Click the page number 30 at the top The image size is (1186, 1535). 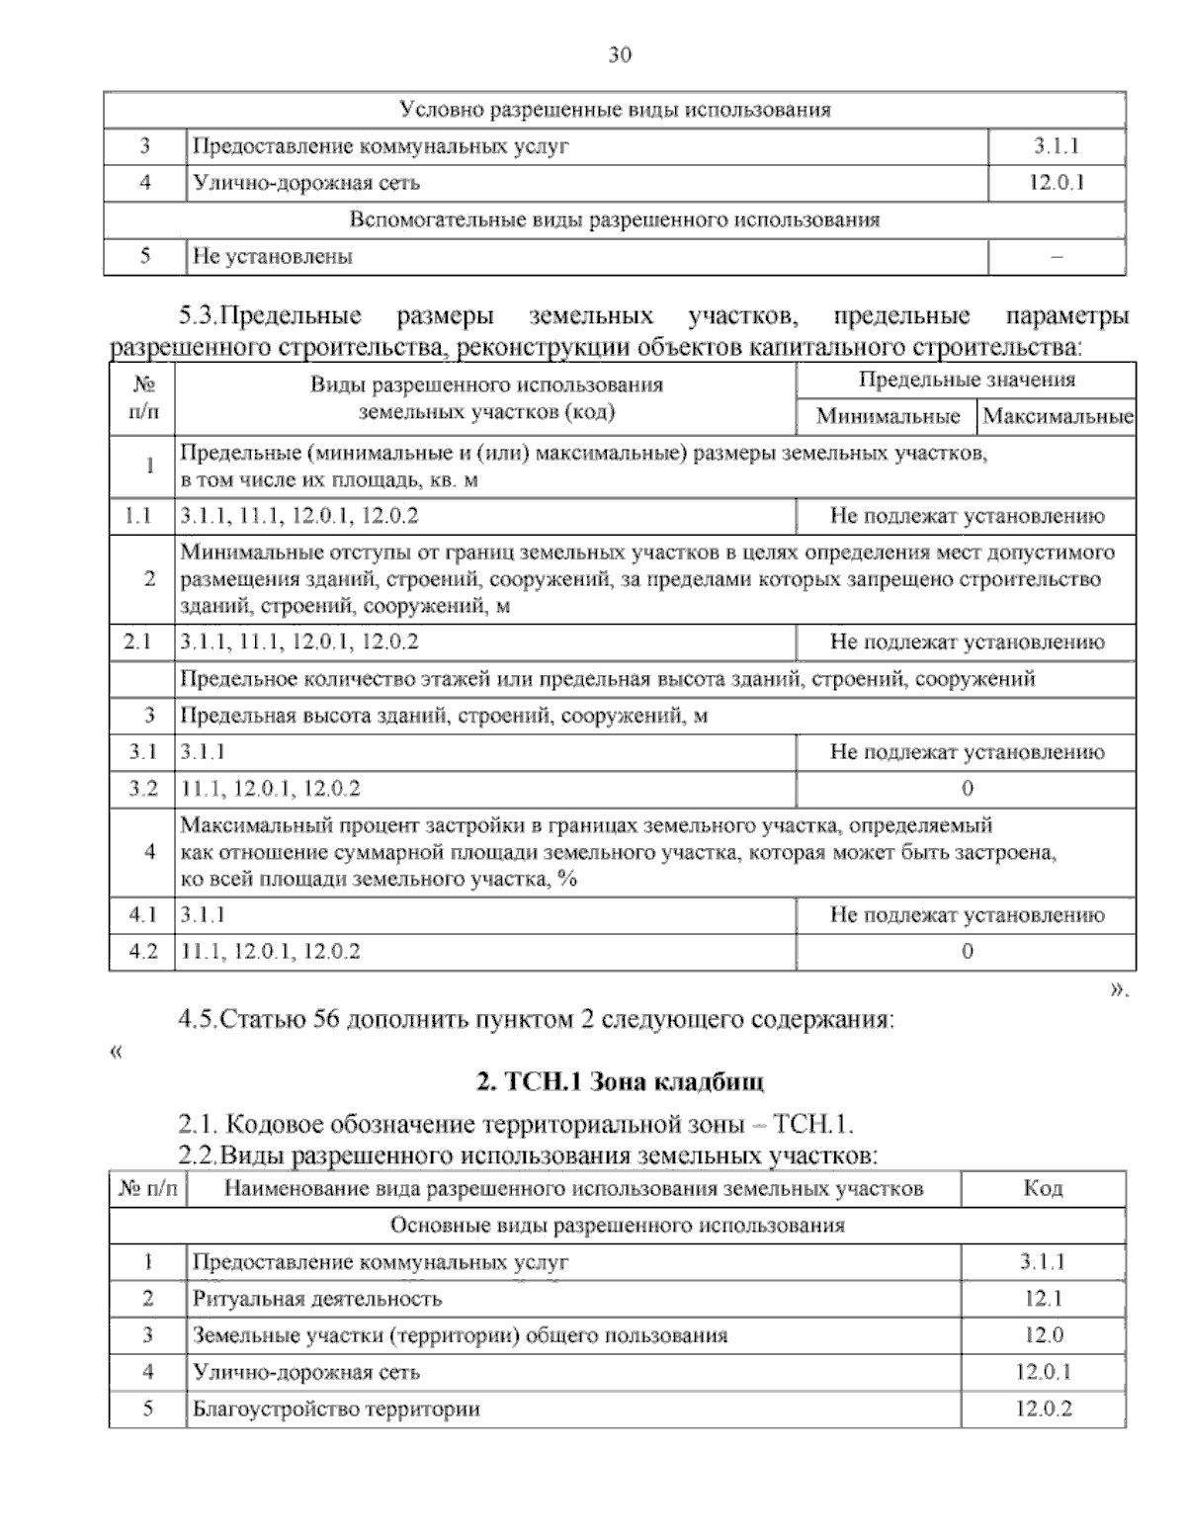[x=619, y=55]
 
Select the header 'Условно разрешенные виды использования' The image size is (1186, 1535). [x=615, y=110]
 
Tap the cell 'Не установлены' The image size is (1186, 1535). [x=273, y=257]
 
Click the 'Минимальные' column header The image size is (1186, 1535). [x=888, y=417]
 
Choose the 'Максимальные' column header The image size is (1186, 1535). [x=1057, y=417]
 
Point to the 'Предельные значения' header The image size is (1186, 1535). [x=966, y=380]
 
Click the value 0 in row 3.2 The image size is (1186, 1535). [x=967, y=789]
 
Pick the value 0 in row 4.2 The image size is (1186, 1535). [x=967, y=952]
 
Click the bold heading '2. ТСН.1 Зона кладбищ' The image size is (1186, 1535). [x=620, y=1082]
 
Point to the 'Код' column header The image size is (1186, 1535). [x=1043, y=1189]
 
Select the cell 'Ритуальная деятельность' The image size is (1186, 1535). [x=317, y=1299]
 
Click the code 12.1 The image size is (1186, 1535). [x=1043, y=1299]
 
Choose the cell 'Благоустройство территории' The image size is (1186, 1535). [x=336, y=1408]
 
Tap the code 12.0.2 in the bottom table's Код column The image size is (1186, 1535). [x=1043, y=1408]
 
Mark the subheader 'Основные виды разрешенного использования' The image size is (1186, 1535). [x=618, y=1226]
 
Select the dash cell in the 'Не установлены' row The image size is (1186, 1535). [x=1057, y=257]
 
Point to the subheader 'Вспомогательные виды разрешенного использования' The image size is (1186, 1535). [x=615, y=219]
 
